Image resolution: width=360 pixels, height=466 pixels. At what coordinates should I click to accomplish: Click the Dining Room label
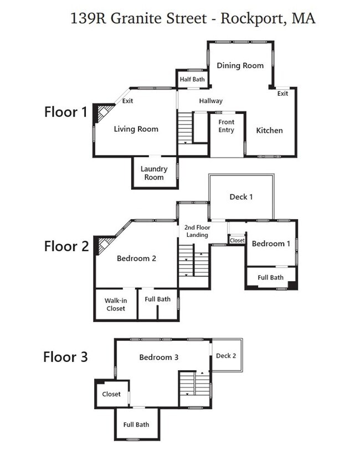click(240, 65)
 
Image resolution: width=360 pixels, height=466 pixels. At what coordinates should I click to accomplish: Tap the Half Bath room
click(192, 79)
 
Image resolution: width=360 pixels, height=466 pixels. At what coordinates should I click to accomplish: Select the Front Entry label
click(226, 126)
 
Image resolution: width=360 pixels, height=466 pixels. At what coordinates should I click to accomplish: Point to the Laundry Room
click(155, 172)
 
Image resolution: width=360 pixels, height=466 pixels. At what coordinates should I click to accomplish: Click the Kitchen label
click(269, 130)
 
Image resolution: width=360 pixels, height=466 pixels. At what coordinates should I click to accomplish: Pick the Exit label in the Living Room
click(127, 101)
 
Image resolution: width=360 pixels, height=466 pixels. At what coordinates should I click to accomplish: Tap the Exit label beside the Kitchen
click(282, 94)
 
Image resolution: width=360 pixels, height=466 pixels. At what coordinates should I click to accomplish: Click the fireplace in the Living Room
click(103, 113)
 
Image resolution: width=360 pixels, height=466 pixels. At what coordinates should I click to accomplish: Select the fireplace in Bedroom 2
click(104, 245)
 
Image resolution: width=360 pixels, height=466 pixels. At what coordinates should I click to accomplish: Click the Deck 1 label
click(241, 196)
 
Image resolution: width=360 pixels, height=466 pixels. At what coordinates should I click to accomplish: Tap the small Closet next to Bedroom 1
click(237, 240)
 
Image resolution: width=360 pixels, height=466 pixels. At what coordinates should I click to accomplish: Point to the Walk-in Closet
click(116, 304)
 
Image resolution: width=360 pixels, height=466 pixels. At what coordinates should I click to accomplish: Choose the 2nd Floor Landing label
click(197, 231)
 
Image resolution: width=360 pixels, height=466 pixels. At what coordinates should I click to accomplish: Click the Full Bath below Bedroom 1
click(270, 278)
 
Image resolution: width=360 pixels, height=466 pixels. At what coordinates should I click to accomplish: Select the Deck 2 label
click(226, 356)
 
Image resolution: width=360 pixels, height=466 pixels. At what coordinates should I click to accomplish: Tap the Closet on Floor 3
click(112, 394)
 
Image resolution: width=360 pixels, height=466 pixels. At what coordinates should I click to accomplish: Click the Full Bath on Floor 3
click(137, 424)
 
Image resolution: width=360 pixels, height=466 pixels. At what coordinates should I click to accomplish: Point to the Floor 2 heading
click(66, 246)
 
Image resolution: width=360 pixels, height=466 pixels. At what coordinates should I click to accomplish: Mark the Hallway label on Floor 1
click(211, 101)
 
